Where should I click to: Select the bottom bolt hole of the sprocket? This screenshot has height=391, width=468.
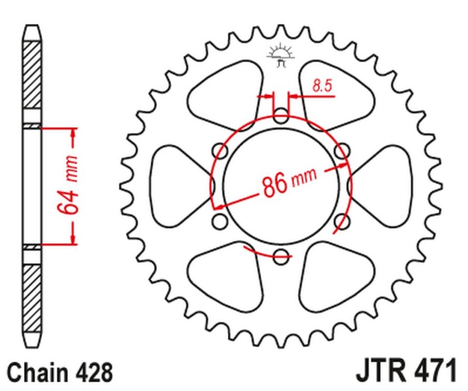(281, 255)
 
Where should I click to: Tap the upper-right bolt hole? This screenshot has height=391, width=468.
(342, 152)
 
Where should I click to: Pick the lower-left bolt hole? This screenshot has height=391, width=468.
(221, 221)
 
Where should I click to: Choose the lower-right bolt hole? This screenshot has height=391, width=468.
(342, 221)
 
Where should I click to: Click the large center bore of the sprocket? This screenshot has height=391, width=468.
(281, 184)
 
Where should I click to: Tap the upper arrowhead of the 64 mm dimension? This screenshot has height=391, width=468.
(74, 131)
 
